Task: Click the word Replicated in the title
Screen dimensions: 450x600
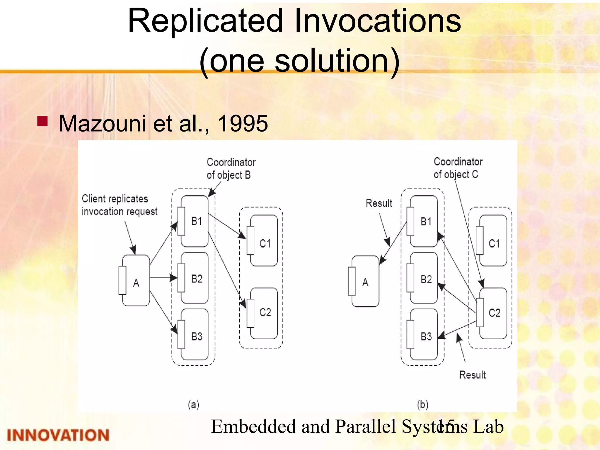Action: click(x=205, y=21)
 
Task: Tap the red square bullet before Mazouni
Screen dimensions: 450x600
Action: click(x=42, y=121)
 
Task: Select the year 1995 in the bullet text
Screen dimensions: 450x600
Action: click(x=243, y=124)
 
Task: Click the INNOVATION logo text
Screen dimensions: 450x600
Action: click(x=58, y=435)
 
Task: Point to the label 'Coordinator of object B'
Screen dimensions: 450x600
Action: click(x=231, y=168)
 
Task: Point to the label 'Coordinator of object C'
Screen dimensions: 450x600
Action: click(x=458, y=168)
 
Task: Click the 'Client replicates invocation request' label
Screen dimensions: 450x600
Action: click(x=119, y=205)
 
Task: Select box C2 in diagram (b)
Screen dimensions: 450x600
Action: click(x=494, y=313)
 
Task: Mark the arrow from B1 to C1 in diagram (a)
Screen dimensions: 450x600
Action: click(x=227, y=227)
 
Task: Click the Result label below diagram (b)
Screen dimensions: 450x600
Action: click(x=472, y=375)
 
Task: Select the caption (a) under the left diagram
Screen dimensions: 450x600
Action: click(x=193, y=405)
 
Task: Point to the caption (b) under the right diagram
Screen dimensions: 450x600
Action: click(x=422, y=405)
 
